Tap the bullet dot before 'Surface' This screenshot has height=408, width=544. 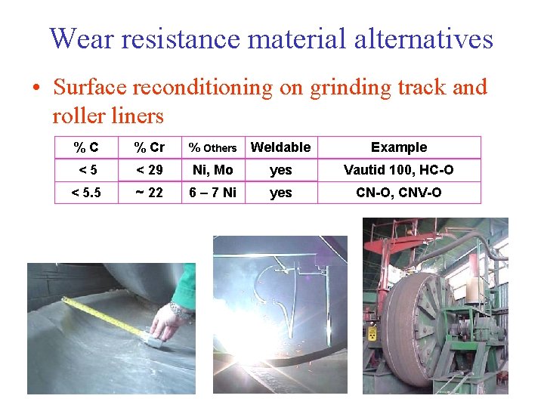[36, 88]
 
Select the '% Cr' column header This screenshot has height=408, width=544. [149, 147]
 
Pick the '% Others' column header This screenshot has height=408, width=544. [212, 148]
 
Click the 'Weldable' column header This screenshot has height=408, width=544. [280, 147]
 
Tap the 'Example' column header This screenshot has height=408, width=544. [399, 147]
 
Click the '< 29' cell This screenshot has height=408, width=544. [149, 170]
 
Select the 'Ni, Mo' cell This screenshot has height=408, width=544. [212, 170]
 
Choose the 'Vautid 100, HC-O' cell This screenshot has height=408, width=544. [399, 170]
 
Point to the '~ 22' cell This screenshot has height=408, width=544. [149, 193]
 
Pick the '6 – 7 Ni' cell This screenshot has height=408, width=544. [212, 193]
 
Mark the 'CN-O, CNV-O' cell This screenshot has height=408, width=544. [399, 193]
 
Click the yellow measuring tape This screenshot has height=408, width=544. [106, 316]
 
